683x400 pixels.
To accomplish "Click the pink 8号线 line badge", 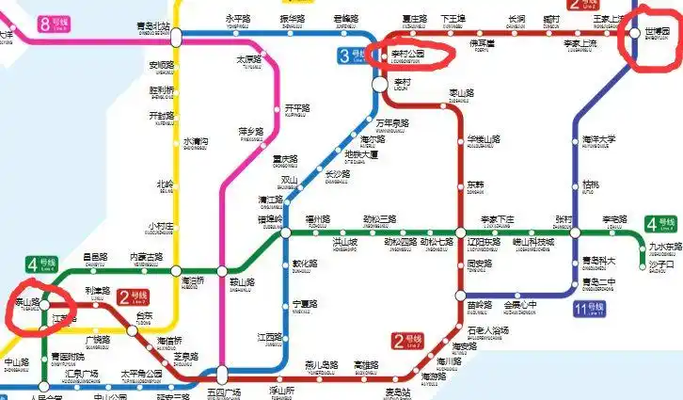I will [54, 24].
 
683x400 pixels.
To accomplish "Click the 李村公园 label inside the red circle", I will [407, 55].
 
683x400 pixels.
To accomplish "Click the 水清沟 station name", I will [197, 142].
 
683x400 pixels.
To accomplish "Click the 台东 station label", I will [144, 316].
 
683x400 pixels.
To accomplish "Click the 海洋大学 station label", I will [598, 140].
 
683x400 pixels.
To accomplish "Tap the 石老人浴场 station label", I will [487, 330].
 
